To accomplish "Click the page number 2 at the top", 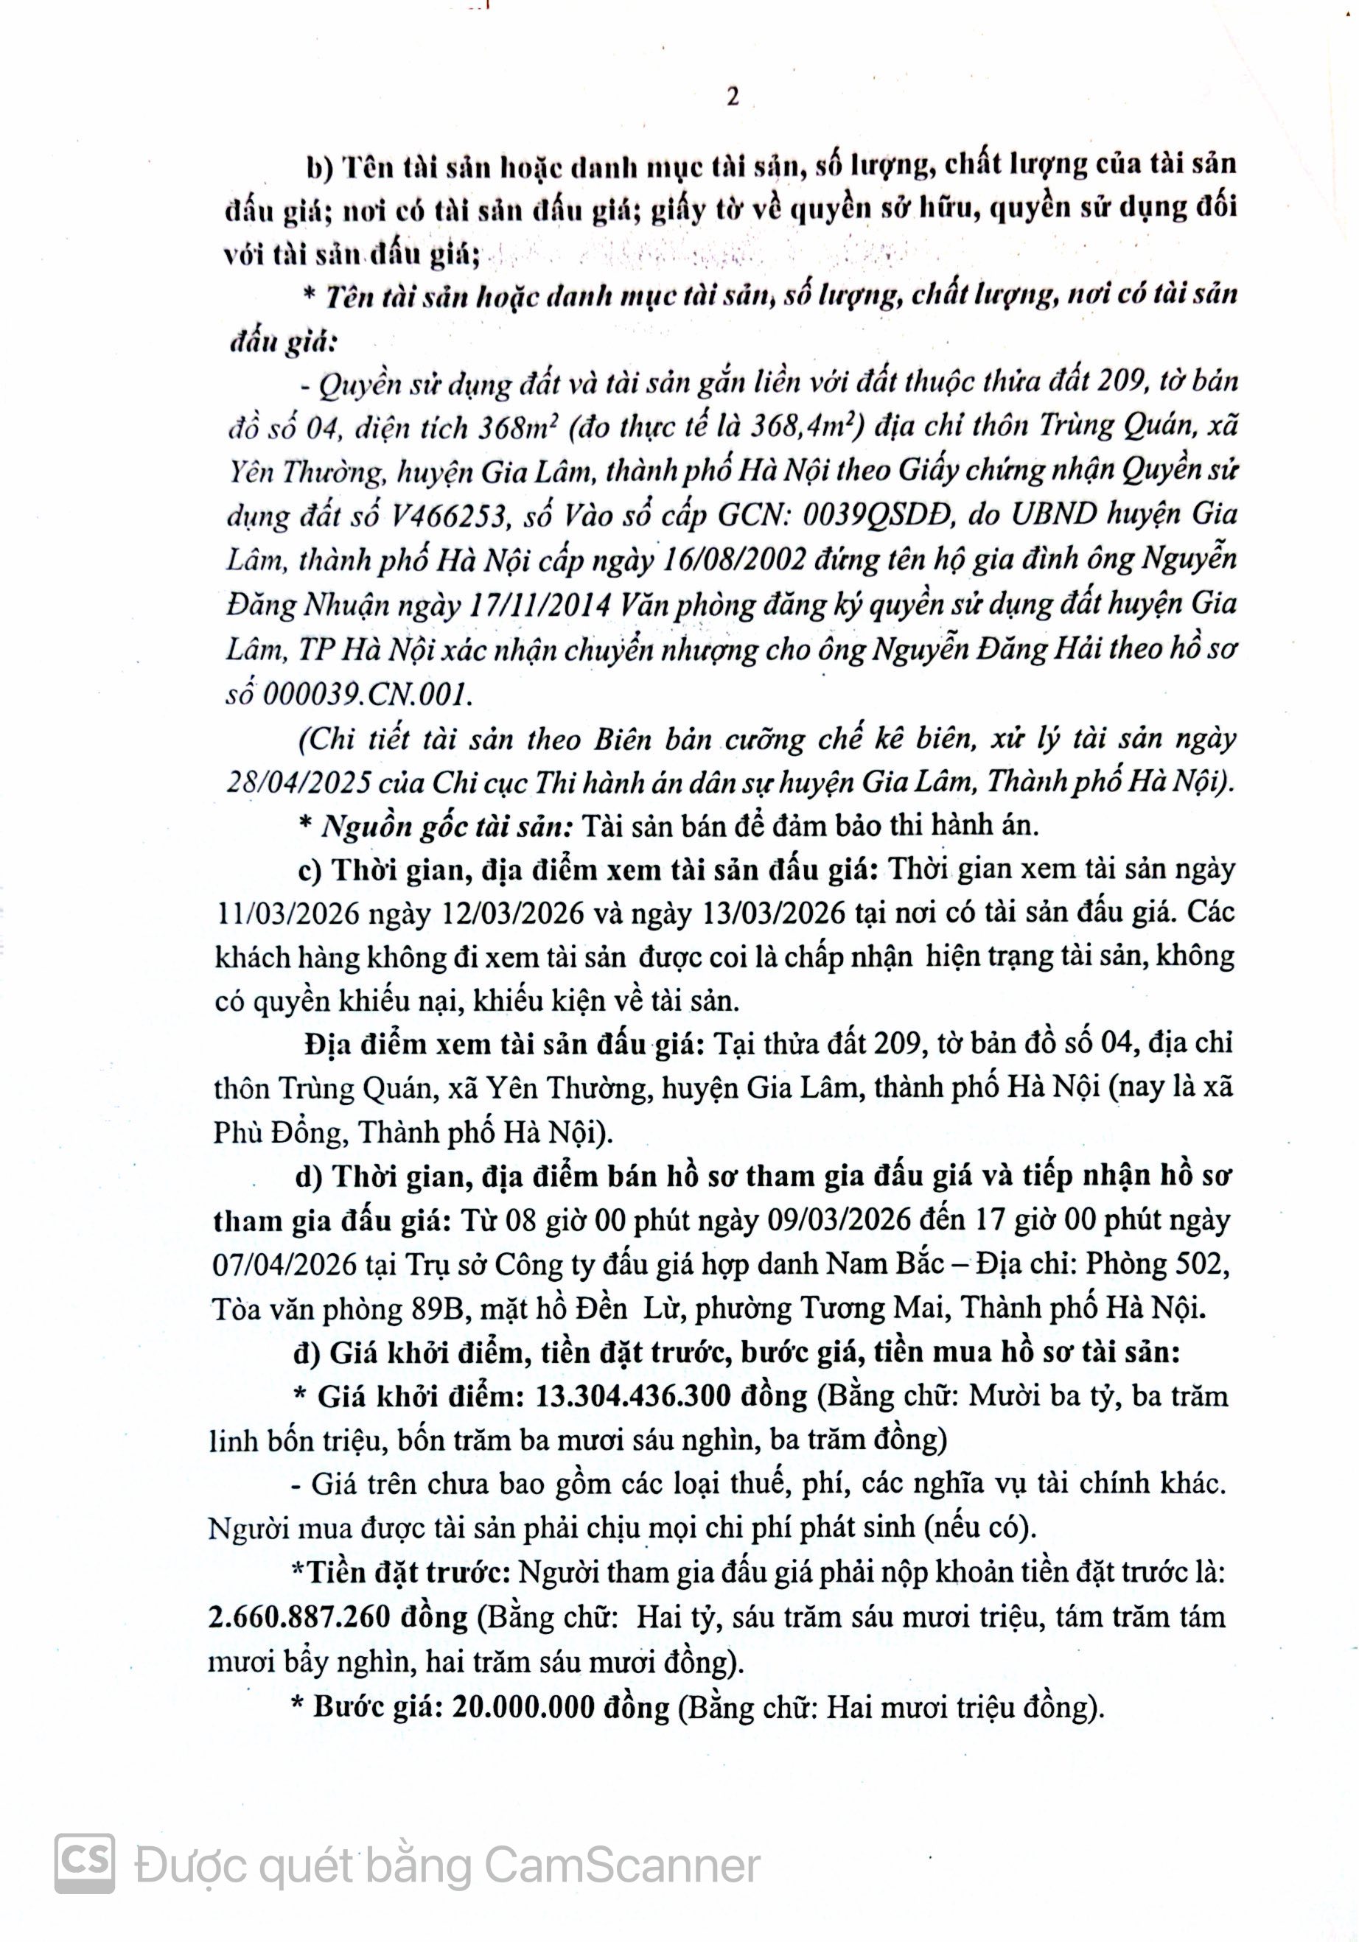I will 732,97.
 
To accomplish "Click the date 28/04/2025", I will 297,783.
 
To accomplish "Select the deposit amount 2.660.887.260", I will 298,1617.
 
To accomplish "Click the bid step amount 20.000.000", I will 524,1707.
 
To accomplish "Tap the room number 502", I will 1200,1263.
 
